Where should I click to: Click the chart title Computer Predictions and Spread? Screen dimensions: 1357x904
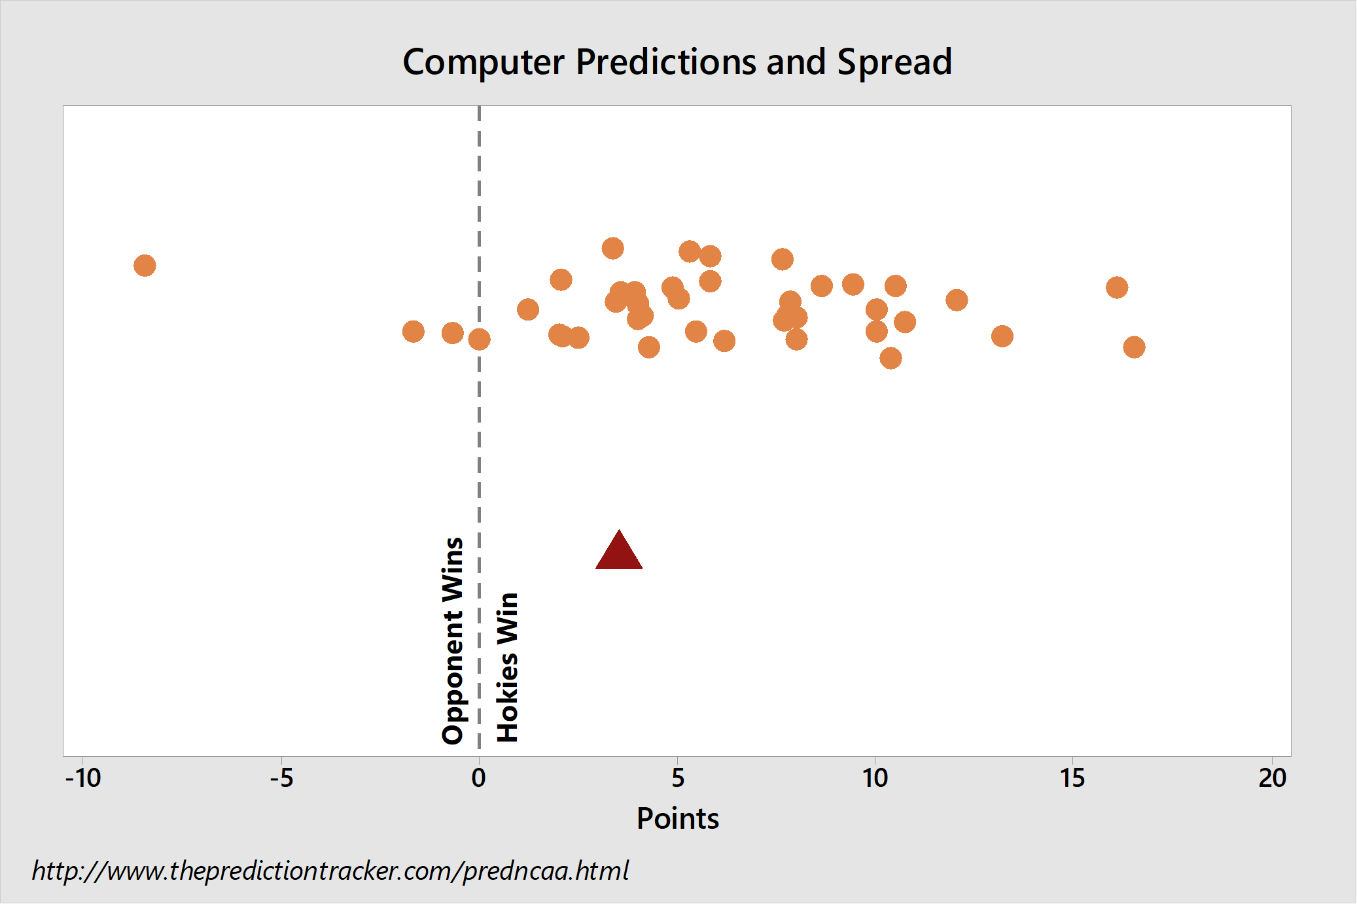(x=677, y=63)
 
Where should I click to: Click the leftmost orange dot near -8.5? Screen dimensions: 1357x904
(x=145, y=266)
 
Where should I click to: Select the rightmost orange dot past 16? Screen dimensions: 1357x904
(x=1134, y=347)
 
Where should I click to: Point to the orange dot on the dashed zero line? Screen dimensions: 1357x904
(x=479, y=339)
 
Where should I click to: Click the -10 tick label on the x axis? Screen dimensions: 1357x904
(x=83, y=778)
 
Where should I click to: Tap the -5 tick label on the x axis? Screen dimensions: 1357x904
(x=281, y=778)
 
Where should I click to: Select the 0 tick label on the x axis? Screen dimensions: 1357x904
(x=479, y=778)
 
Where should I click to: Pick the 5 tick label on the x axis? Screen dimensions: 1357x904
(x=678, y=778)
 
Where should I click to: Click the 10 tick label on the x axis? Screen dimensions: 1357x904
(x=875, y=778)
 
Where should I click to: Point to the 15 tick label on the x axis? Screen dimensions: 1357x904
(x=1072, y=778)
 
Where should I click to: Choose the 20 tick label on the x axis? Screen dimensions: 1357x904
(x=1272, y=778)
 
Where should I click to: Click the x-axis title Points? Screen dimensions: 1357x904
(x=678, y=818)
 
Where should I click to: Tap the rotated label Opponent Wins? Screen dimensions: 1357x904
(x=453, y=641)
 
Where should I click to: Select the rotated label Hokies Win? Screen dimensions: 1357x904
(x=507, y=667)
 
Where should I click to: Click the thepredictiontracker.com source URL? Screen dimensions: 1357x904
(x=330, y=871)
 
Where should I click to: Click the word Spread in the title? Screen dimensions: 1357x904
(x=894, y=63)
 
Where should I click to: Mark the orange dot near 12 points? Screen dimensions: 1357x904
(x=957, y=300)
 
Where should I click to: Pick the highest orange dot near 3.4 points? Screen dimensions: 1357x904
(x=612, y=249)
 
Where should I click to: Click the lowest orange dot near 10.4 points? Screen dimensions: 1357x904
(x=890, y=358)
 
